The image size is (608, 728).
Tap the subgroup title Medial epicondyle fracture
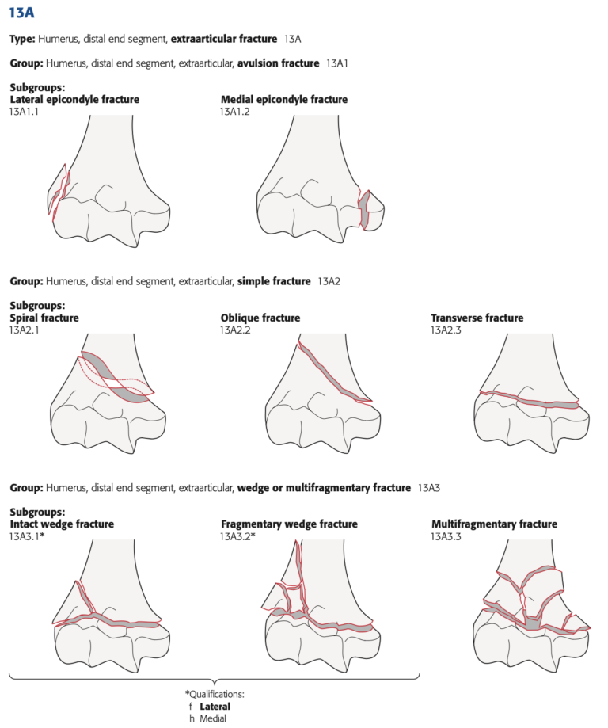click(x=283, y=100)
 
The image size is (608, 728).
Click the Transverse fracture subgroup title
click(x=477, y=318)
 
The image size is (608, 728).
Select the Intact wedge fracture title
click(x=62, y=524)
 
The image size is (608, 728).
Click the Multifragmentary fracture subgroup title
click(x=494, y=524)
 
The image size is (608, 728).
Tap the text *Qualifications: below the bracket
click(x=215, y=693)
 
